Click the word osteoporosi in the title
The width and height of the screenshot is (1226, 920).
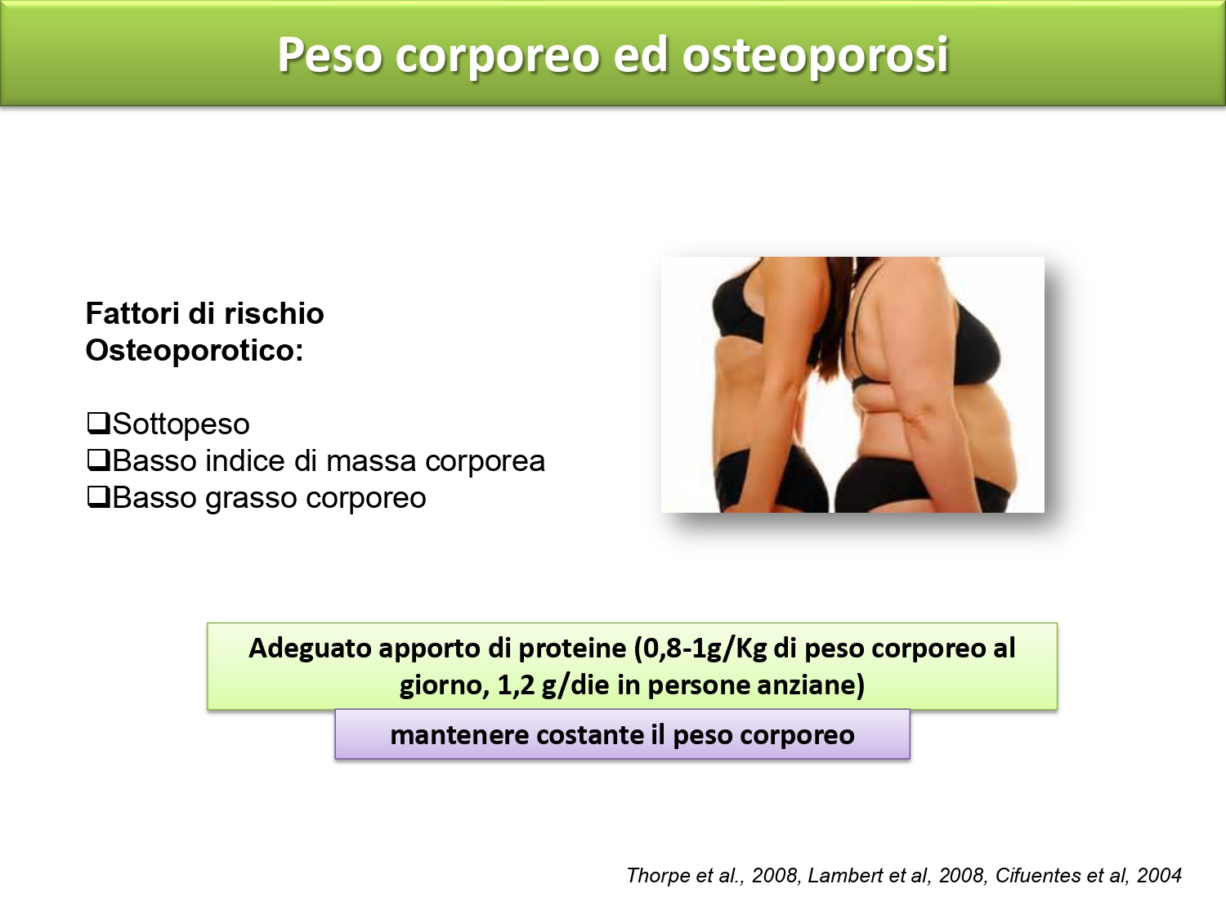coord(815,56)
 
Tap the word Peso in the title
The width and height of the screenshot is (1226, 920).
coord(329,55)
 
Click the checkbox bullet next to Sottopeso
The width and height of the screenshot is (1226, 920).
coord(98,423)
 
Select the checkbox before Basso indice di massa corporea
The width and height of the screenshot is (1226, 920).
coord(98,460)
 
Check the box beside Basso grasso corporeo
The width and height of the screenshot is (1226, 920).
coord(98,496)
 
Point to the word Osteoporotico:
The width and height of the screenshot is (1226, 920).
coord(195,351)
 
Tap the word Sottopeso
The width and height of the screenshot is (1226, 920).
coord(181,424)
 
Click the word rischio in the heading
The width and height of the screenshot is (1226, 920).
coord(274,313)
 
